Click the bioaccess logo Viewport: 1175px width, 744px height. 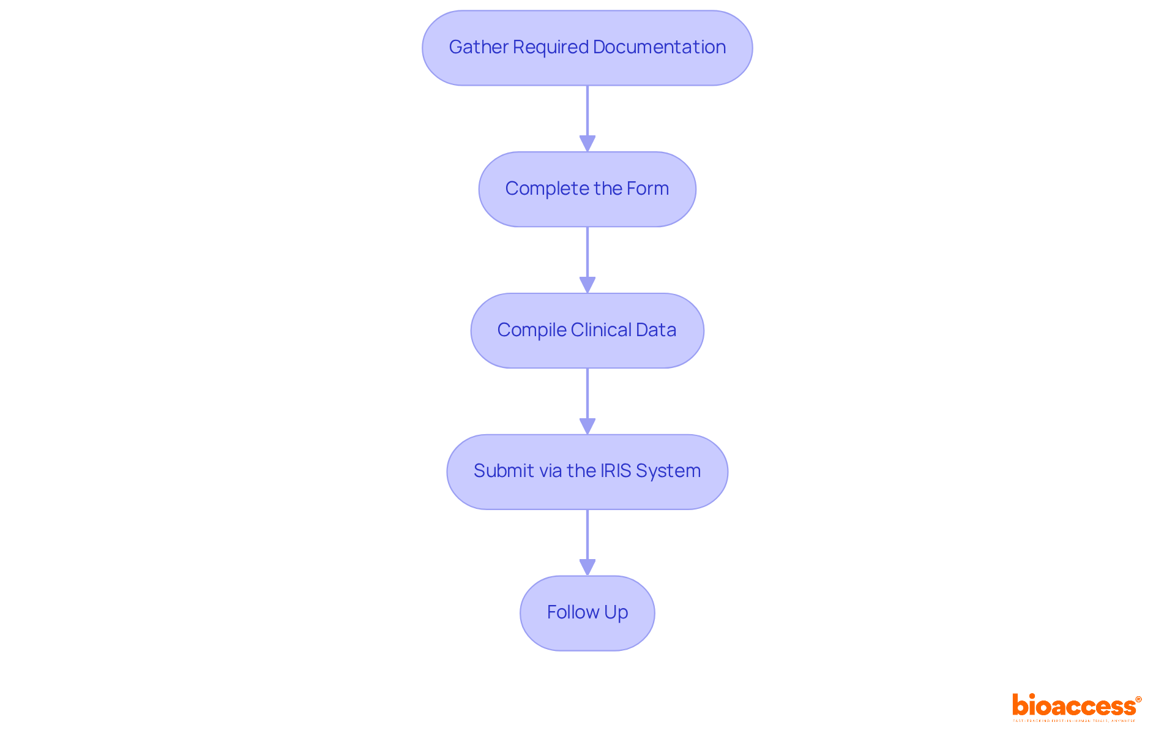(1076, 706)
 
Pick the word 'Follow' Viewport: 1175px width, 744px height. (573, 612)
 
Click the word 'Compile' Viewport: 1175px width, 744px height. (531, 330)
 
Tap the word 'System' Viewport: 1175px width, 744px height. (668, 471)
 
